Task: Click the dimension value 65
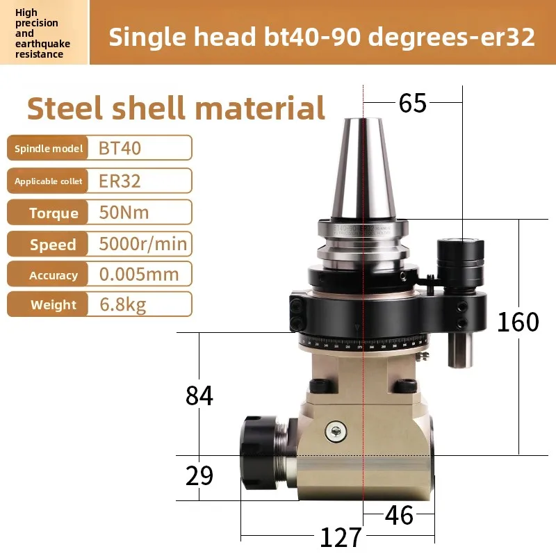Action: [x=412, y=103]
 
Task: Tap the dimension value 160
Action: [x=518, y=322]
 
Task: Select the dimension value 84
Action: [x=199, y=395]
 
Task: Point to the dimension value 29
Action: [x=199, y=475]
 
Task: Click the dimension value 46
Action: [x=399, y=515]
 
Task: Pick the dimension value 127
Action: [x=341, y=537]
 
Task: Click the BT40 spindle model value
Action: [x=120, y=148]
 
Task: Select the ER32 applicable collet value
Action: [x=120, y=181]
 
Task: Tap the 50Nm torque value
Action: [x=124, y=213]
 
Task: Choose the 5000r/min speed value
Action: [x=143, y=244]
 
